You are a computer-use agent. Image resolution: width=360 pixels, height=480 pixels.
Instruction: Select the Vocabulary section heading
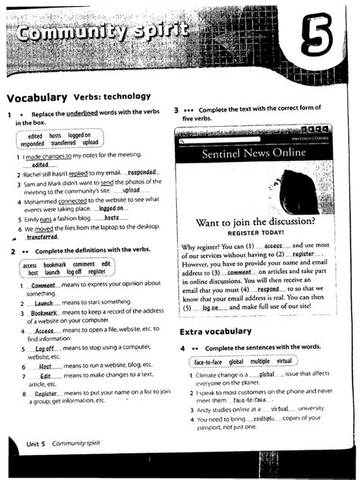point(37,98)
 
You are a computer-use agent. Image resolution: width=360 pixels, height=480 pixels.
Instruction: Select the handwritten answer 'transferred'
point(36,237)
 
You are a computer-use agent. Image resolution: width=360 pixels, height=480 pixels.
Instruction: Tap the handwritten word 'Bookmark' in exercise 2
point(45,313)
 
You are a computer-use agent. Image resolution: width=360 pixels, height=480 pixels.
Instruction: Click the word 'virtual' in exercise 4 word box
point(284,362)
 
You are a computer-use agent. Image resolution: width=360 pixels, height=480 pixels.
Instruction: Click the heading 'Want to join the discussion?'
point(254,222)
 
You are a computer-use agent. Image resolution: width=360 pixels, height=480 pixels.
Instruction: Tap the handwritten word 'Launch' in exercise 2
point(43,302)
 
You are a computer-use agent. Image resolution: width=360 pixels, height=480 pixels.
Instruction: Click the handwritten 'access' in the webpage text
point(273,247)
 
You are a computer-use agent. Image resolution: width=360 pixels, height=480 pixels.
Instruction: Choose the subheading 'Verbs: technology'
point(112,98)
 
